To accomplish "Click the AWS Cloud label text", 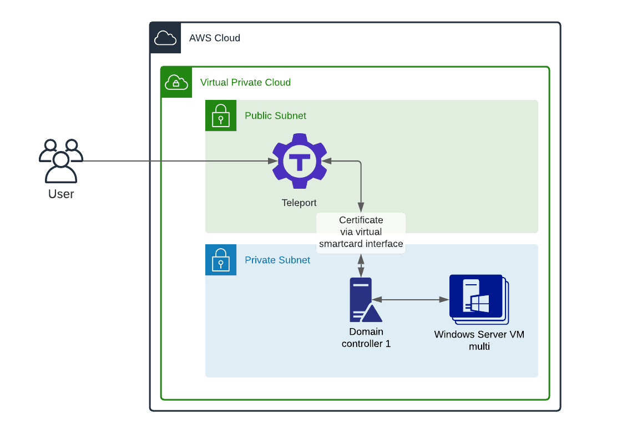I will pos(215,38).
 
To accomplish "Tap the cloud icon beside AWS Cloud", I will pos(165,38).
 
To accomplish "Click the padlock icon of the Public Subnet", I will pos(221,116).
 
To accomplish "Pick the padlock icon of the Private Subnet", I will pos(221,260).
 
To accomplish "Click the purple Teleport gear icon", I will pos(300,161).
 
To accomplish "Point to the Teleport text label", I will pos(300,203).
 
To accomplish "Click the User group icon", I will pos(61,161).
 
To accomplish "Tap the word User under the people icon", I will pos(61,194).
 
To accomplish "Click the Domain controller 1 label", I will pos(366,338).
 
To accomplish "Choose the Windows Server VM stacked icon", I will pos(478,299).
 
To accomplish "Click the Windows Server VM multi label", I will pos(479,340).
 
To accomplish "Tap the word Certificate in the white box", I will pos(361,220).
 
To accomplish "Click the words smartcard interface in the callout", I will pos(361,244).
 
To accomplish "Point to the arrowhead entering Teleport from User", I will pos(272,162).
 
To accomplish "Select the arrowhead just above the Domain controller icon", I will pos(361,272).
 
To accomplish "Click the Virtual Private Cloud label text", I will pos(246,83).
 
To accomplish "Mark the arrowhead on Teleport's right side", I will pos(327,162).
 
